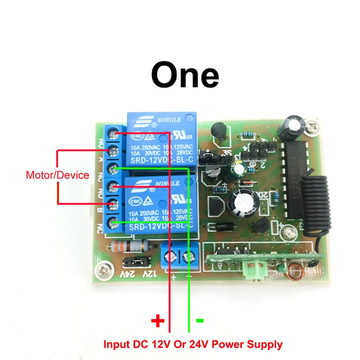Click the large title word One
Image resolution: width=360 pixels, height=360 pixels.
pyautogui.click(x=185, y=75)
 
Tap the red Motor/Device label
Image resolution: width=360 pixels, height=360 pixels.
pyautogui.click(x=58, y=175)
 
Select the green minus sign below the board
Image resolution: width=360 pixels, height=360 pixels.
pyautogui.click(x=200, y=320)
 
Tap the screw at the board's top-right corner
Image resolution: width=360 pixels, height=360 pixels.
pyautogui.click(x=312, y=126)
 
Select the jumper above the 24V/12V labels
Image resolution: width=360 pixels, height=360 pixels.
pyautogui.click(x=135, y=261)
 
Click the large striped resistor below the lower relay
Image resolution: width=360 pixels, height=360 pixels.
pyautogui.click(x=130, y=247)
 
